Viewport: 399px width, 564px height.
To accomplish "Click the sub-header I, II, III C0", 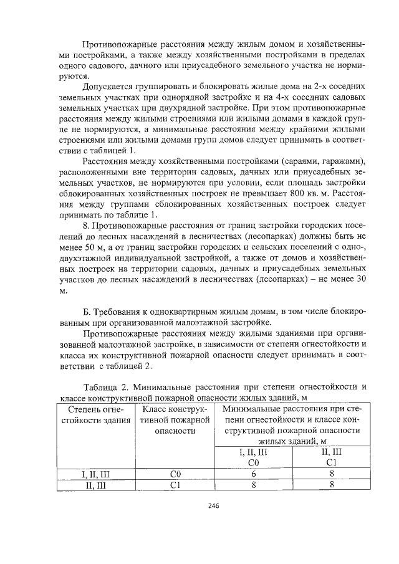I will point(254,457).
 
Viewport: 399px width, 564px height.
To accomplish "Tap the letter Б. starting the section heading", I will point(87,312).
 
